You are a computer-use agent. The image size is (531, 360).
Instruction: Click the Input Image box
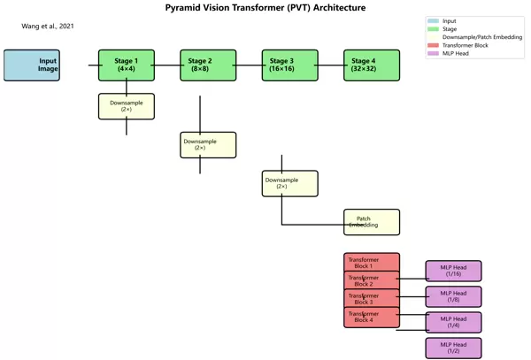32,65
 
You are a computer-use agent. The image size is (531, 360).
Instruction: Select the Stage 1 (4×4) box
127,65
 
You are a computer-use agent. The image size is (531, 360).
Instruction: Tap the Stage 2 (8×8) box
208,65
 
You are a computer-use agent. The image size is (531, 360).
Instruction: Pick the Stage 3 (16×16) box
289,65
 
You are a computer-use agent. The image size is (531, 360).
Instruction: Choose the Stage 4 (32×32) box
372,65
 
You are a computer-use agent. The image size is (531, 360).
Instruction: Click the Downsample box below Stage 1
127,106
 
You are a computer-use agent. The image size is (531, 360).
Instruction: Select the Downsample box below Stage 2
208,144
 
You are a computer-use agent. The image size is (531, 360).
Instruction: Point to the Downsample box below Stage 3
289,183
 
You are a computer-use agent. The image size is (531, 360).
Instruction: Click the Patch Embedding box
372,222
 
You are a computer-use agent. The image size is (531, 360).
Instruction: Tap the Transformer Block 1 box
372,262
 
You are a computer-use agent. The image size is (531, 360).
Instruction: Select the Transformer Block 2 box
372,280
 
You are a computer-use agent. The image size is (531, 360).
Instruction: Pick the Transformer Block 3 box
372,299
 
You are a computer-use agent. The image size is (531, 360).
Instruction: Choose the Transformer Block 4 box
372,318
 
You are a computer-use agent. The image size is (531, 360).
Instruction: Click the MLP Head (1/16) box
453,271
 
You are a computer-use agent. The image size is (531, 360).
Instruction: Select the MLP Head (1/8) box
453,296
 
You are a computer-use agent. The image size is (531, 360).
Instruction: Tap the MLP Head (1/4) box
453,322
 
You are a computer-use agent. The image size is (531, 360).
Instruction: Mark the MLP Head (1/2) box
453,348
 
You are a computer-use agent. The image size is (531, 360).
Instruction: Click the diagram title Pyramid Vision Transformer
265,8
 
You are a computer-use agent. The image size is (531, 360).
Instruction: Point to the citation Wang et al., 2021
48,27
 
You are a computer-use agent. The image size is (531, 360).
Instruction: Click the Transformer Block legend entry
465,45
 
